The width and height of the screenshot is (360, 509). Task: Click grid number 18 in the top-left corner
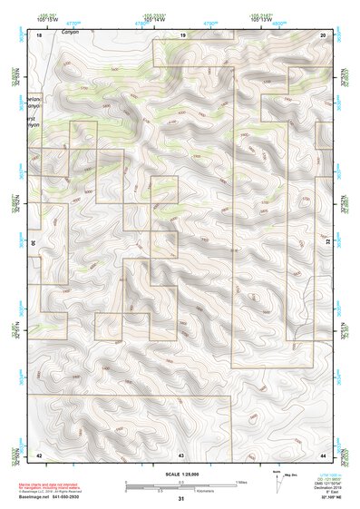click(39, 34)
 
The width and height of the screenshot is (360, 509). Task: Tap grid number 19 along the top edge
click(182, 34)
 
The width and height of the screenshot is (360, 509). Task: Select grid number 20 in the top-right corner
click(324, 34)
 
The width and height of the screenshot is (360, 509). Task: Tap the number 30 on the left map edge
click(33, 243)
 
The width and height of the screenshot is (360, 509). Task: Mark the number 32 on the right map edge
click(329, 243)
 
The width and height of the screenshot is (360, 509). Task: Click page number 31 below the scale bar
click(181, 499)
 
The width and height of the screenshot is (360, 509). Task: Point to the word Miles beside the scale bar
click(242, 481)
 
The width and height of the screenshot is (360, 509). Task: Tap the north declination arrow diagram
click(277, 481)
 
